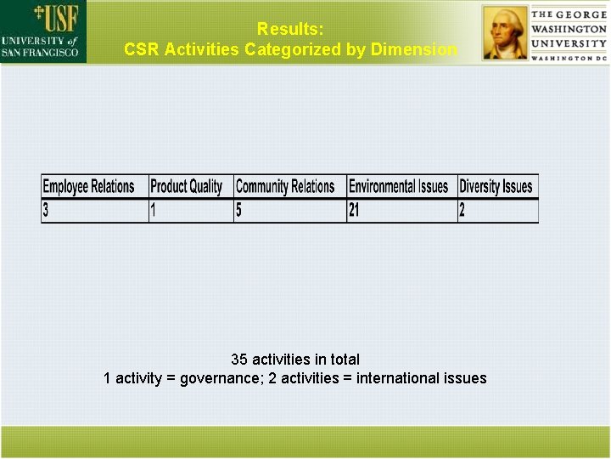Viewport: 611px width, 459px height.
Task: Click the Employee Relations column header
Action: (88, 187)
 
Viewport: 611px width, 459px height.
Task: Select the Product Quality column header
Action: (186, 187)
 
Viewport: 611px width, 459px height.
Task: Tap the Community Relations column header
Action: (285, 187)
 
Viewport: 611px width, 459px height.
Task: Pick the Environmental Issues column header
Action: (398, 187)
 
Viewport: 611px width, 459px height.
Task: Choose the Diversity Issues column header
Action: (496, 187)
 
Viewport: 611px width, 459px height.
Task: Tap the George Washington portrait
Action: (505, 32)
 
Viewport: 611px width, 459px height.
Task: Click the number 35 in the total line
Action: (239, 360)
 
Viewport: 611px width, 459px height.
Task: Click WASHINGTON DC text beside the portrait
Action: (569, 58)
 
